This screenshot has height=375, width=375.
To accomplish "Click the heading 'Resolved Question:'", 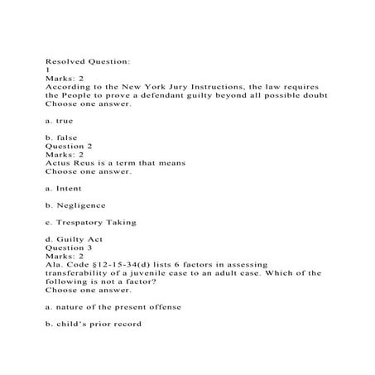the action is click(x=86, y=60).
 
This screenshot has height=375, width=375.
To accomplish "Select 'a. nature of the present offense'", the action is click(x=113, y=306).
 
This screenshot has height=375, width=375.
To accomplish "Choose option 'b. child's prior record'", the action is click(x=94, y=323).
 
